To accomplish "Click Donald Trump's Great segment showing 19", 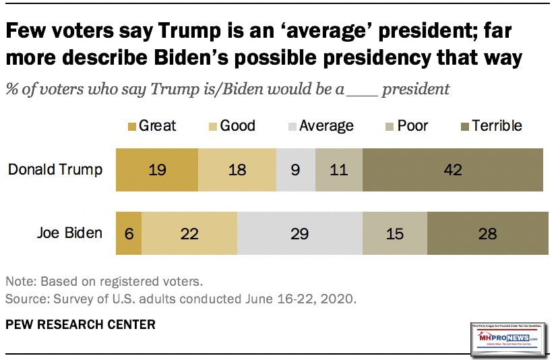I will click(157, 169).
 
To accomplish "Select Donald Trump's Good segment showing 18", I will click(237, 169).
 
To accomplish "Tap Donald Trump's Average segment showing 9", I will click(296, 169).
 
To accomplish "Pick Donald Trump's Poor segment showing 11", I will click(338, 169).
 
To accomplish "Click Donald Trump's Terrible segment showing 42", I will click(452, 169).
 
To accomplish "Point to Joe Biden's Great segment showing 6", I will click(129, 234).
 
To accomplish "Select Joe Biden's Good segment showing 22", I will click(189, 234).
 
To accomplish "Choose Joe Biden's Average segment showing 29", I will click(299, 234).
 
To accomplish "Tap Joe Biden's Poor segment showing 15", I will click(395, 234).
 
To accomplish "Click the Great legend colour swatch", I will click(131, 125).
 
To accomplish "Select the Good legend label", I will click(237, 125).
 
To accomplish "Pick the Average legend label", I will click(326, 125).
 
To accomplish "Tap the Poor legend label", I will click(412, 125).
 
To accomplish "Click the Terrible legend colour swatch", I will click(462, 125).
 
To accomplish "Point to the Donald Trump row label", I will click(55, 169).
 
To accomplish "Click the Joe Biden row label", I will click(69, 234).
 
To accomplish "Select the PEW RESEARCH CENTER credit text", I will click(80, 324).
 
